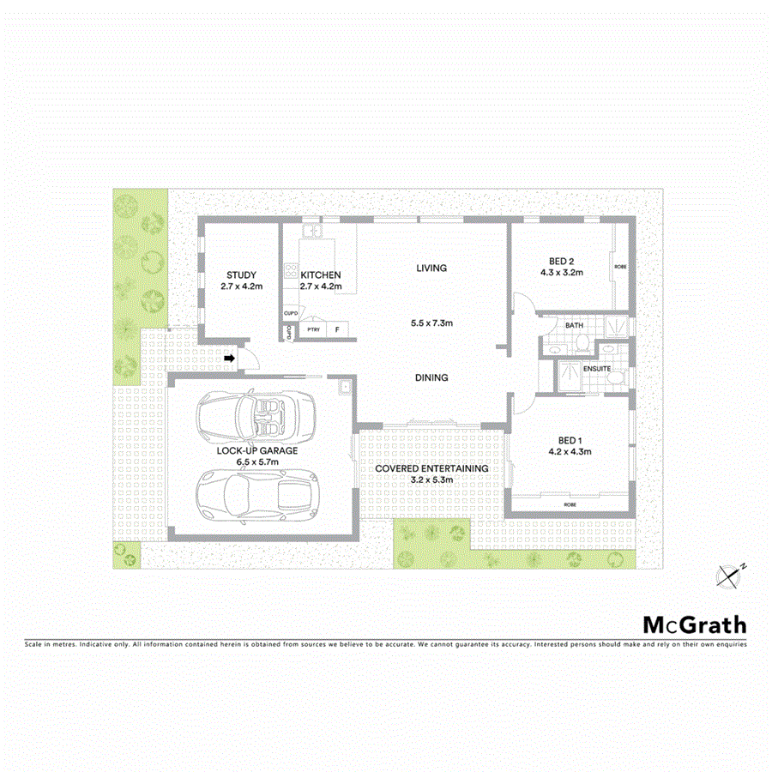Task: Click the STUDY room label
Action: (x=241, y=275)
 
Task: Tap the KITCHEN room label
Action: (x=320, y=275)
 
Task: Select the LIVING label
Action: (x=431, y=268)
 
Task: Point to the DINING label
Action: (x=431, y=377)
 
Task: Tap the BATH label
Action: (x=575, y=326)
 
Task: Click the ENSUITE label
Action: (x=596, y=369)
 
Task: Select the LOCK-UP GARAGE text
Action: (x=258, y=450)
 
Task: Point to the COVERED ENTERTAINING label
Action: (x=432, y=468)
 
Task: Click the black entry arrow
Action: (x=230, y=358)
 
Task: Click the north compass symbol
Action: (x=731, y=576)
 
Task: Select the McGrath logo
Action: (x=695, y=624)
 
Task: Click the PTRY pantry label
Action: (x=313, y=329)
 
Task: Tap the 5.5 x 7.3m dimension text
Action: (x=431, y=323)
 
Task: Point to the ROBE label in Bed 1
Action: (x=570, y=504)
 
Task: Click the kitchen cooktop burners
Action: (x=292, y=275)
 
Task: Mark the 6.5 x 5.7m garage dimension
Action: (x=258, y=462)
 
